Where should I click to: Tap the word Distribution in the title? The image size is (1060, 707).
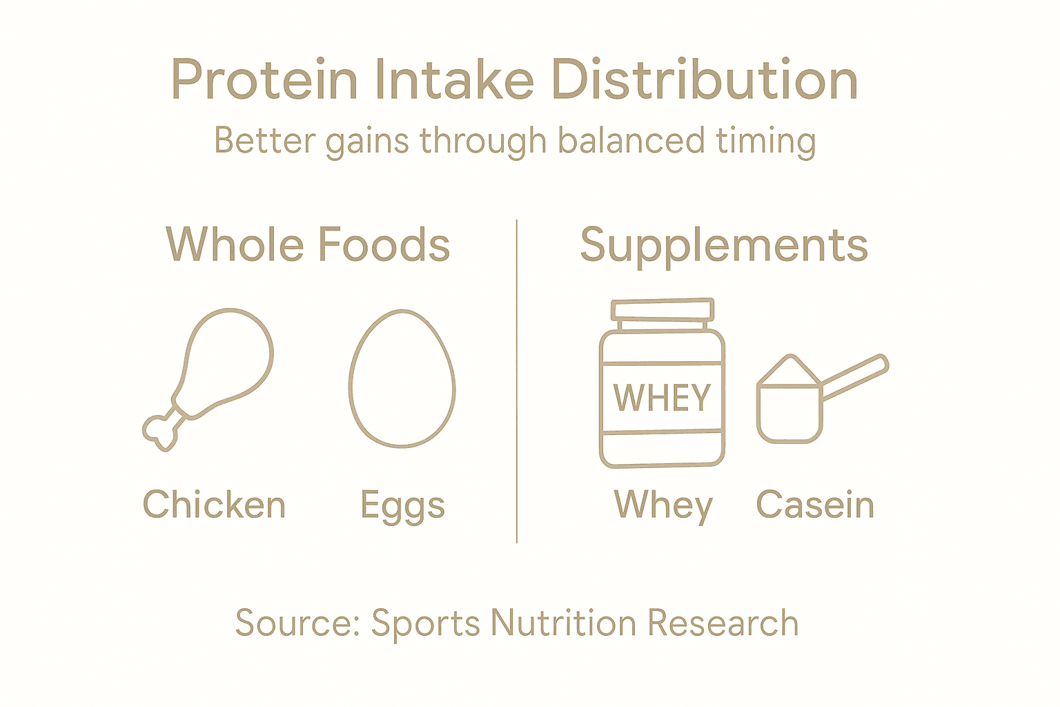coord(704,80)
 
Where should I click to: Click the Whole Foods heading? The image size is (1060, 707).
coord(308,245)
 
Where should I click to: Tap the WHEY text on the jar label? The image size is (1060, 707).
coord(662,398)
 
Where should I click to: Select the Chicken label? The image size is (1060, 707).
coord(214,505)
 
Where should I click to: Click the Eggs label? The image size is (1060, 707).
coord(402,506)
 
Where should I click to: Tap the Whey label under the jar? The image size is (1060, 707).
coord(663,506)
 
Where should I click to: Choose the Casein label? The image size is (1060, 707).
coord(815,505)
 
